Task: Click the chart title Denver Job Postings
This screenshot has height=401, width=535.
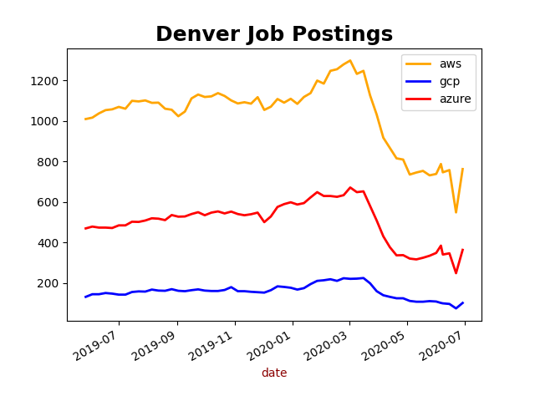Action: (274, 34)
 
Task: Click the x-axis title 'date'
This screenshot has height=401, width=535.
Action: (274, 373)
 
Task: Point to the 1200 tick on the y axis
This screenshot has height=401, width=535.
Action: (48, 81)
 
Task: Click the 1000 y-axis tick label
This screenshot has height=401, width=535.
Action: (48, 121)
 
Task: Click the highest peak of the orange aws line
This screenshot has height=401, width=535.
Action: (350, 60)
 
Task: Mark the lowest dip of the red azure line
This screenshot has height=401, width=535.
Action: (456, 273)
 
